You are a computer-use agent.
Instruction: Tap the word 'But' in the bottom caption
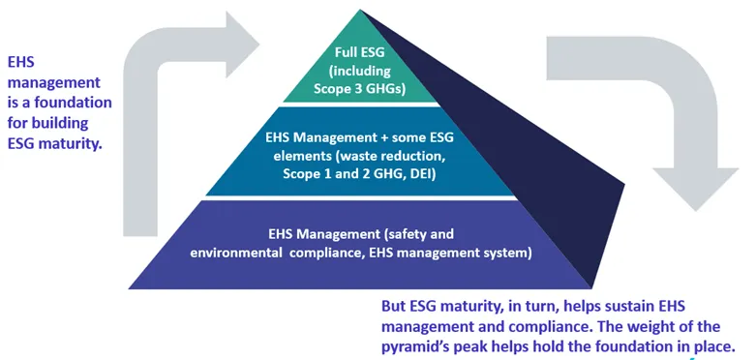point(394,307)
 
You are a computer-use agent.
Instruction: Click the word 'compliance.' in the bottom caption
point(527,325)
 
